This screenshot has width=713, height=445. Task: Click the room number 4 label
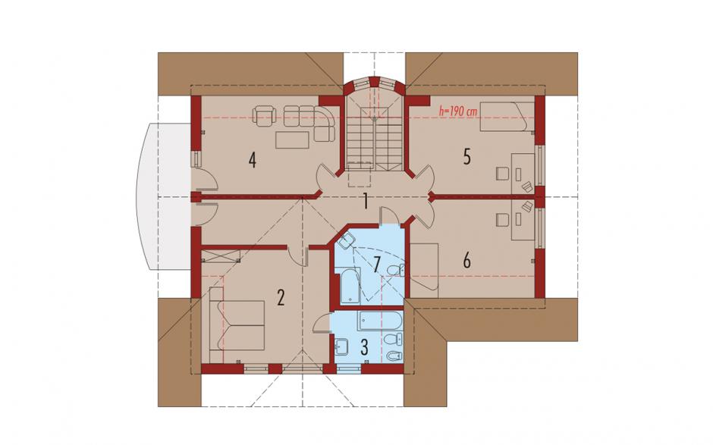coord(253,160)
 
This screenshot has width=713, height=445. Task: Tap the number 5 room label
coord(467,157)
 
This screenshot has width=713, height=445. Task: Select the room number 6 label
coord(466,261)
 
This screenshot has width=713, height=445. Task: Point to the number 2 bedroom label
coord(281,298)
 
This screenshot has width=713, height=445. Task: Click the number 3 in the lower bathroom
coord(364,346)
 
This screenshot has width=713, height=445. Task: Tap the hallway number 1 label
coord(365,201)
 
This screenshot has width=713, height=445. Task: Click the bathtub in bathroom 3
coord(380,321)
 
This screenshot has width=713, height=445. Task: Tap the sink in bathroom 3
coord(342,348)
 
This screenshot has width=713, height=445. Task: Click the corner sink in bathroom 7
coord(347,241)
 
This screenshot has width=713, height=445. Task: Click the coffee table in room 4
coord(292,139)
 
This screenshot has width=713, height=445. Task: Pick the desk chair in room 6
coord(501,221)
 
